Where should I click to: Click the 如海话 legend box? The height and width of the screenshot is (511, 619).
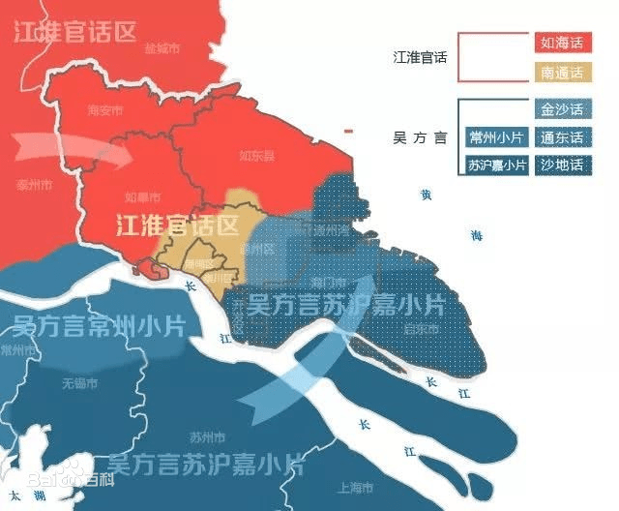coord(561,43)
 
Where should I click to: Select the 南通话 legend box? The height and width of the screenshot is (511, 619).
coord(561,72)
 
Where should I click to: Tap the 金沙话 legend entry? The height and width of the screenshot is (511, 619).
coord(561,108)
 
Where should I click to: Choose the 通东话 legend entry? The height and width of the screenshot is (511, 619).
coord(561,136)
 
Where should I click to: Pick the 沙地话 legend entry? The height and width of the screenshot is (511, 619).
coord(561,165)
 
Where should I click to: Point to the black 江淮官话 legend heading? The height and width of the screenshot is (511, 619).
coord(421,57)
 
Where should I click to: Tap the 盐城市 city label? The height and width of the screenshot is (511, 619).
coord(162,47)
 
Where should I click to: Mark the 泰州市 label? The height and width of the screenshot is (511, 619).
coord(35,184)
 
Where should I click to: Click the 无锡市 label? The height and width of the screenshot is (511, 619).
coord(80,383)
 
